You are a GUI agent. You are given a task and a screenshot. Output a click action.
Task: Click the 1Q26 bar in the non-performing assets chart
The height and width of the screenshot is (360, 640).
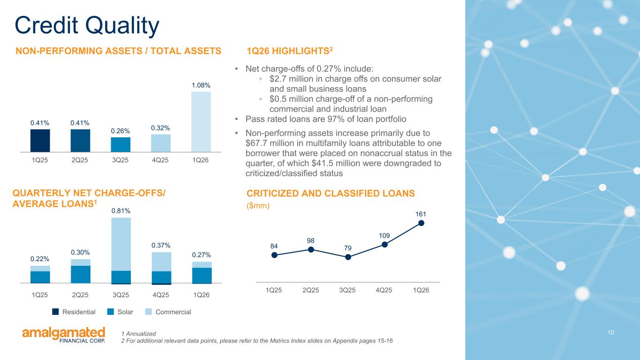click(x=201, y=122)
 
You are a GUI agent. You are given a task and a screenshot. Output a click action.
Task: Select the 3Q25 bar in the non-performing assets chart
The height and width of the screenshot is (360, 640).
click(x=120, y=144)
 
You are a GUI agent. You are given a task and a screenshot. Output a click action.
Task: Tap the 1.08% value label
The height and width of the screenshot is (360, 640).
click(x=201, y=85)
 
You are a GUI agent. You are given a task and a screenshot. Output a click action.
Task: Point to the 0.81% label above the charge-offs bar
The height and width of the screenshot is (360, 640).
click(x=121, y=211)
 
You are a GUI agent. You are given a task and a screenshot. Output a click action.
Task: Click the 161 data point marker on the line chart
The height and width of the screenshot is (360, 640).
click(x=421, y=223)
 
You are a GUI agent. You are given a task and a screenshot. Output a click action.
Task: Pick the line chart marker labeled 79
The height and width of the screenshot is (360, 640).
click(x=348, y=257)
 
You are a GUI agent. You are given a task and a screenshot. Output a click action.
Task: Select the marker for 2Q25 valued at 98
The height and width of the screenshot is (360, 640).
click(x=311, y=250)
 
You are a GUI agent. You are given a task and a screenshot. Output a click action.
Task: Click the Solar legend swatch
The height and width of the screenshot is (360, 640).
click(x=111, y=312)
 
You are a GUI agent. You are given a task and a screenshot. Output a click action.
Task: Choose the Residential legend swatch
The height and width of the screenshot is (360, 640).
click(x=55, y=312)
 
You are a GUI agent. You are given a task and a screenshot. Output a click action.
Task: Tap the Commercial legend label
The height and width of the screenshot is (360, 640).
click(x=173, y=312)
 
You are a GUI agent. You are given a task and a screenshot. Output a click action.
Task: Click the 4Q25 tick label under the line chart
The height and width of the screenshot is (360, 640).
click(x=384, y=290)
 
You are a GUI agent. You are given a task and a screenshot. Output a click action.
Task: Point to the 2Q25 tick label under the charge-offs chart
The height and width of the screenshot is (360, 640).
click(x=80, y=295)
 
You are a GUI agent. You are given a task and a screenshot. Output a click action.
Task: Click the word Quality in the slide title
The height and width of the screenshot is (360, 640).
click(x=122, y=26)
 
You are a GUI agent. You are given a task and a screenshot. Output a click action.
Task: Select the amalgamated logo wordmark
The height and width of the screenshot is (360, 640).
click(x=64, y=333)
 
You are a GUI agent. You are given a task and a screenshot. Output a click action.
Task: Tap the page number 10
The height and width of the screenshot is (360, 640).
click(x=610, y=332)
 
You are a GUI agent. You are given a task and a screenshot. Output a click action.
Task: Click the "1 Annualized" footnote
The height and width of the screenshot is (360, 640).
click(x=139, y=334)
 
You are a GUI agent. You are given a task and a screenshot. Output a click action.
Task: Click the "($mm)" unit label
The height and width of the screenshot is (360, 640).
click(x=258, y=206)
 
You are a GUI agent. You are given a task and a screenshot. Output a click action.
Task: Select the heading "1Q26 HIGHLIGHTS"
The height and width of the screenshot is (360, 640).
click(x=288, y=51)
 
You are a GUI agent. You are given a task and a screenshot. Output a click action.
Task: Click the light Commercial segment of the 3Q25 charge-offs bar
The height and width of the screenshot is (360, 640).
click(x=121, y=244)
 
